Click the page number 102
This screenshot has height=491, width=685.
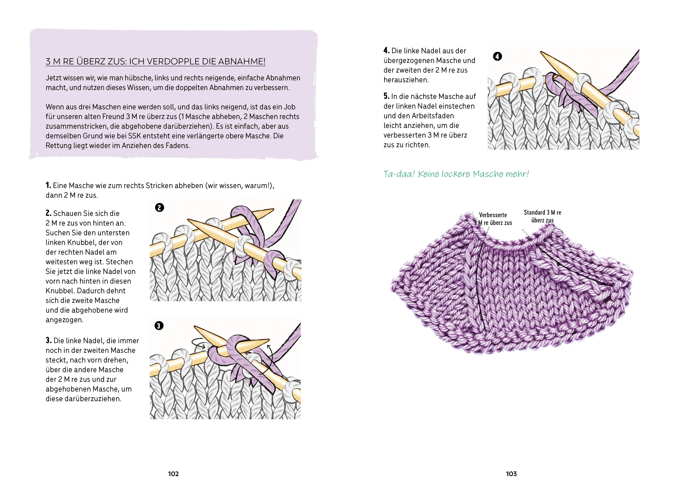pyautogui.click(x=173, y=474)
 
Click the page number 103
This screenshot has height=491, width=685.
pyautogui.click(x=511, y=474)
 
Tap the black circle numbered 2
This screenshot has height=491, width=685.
pyautogui.click(x=160, y=208)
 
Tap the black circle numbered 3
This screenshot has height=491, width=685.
pyautogui.click(x=159, y=326)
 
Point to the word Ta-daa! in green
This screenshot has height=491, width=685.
pyautogui.click(x=399, y=174)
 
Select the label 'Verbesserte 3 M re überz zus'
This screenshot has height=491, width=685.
pyautogui.click(x=493, y=219)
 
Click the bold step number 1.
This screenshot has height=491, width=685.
pyautogui.click(x=48, y=185)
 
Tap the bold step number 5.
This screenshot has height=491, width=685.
pyautogui.click(x=386, y=96)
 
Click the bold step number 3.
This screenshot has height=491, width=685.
pyautogui.click(x=48, y=341)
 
